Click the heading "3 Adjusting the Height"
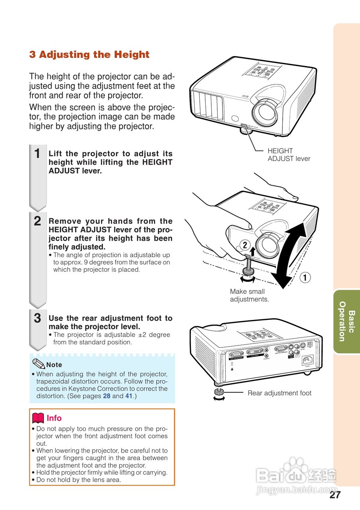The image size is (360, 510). (x=89, y=55)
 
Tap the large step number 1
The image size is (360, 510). (x=37, y=154)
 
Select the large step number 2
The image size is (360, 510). (x=37, y=222)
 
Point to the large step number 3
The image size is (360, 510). (x=37, y=318)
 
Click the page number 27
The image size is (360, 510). (x=335, y=495)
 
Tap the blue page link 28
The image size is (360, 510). (x=107, y=396)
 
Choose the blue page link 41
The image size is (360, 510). (x=129, y=396)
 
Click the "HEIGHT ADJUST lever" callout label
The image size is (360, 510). (x=289, y=155)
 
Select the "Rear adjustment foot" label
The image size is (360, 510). (x=279, y=393)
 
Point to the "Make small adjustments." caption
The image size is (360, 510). (x=249, y=295)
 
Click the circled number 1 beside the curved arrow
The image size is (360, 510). (x=305, y=278)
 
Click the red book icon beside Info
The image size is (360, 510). (x=38, y=418)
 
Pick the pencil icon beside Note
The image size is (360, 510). (x=39, y=364)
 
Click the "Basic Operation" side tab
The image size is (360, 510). (x=346, y=321)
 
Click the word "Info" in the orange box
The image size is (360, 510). (x=54, y=418)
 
